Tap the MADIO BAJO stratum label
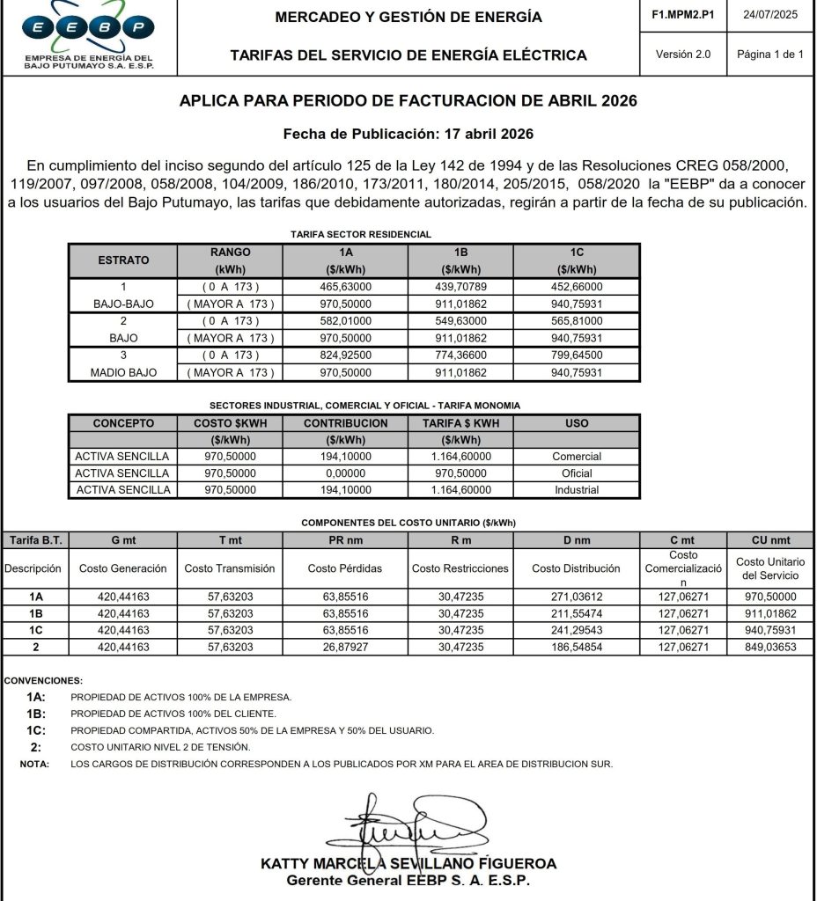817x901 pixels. coord(123,372)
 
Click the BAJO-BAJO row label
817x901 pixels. coord(123,304)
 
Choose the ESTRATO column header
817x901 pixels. coord(123,260)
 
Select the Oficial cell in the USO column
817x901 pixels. coord(577,473)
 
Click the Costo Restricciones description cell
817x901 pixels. coord(460,568)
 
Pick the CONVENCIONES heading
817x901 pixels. coord(43,681)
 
